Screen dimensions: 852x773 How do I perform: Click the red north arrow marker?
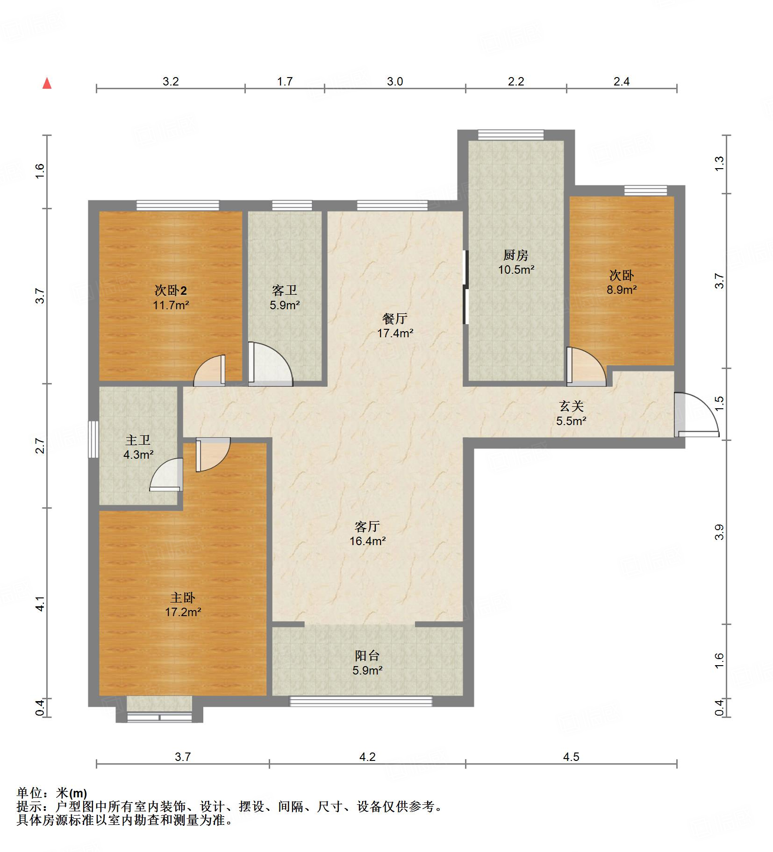tap(47, 84)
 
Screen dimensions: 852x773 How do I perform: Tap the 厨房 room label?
tap(515, 255)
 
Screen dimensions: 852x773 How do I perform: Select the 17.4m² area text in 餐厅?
tap(395, 334)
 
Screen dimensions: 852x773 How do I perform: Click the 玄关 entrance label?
tap(571, 406)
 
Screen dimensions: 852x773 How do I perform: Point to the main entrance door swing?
tap(696, 415)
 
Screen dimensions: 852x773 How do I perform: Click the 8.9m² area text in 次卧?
tap(622, 290)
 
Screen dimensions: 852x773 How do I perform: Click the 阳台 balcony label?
tap(367, 656)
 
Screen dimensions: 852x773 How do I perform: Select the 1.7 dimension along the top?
tap(285, 82)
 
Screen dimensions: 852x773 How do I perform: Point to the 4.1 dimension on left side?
tap(41, 603)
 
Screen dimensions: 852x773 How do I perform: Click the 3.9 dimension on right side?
tap(719, 532)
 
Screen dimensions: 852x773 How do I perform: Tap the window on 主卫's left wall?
tap(93, 439)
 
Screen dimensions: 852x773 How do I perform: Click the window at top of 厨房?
tap(511, 135)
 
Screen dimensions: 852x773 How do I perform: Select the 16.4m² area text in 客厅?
tap(367, 541)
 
